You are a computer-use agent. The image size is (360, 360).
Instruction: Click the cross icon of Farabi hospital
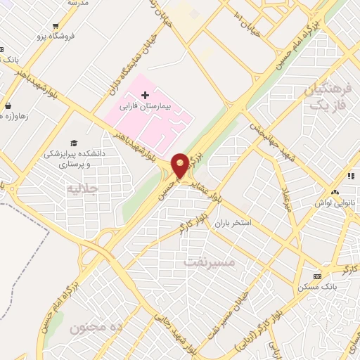145,95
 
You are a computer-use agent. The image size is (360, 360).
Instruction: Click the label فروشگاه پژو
34,37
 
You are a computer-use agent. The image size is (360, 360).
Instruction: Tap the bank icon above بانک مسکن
316,276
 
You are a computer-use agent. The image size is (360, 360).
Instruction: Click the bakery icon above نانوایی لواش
335,191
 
